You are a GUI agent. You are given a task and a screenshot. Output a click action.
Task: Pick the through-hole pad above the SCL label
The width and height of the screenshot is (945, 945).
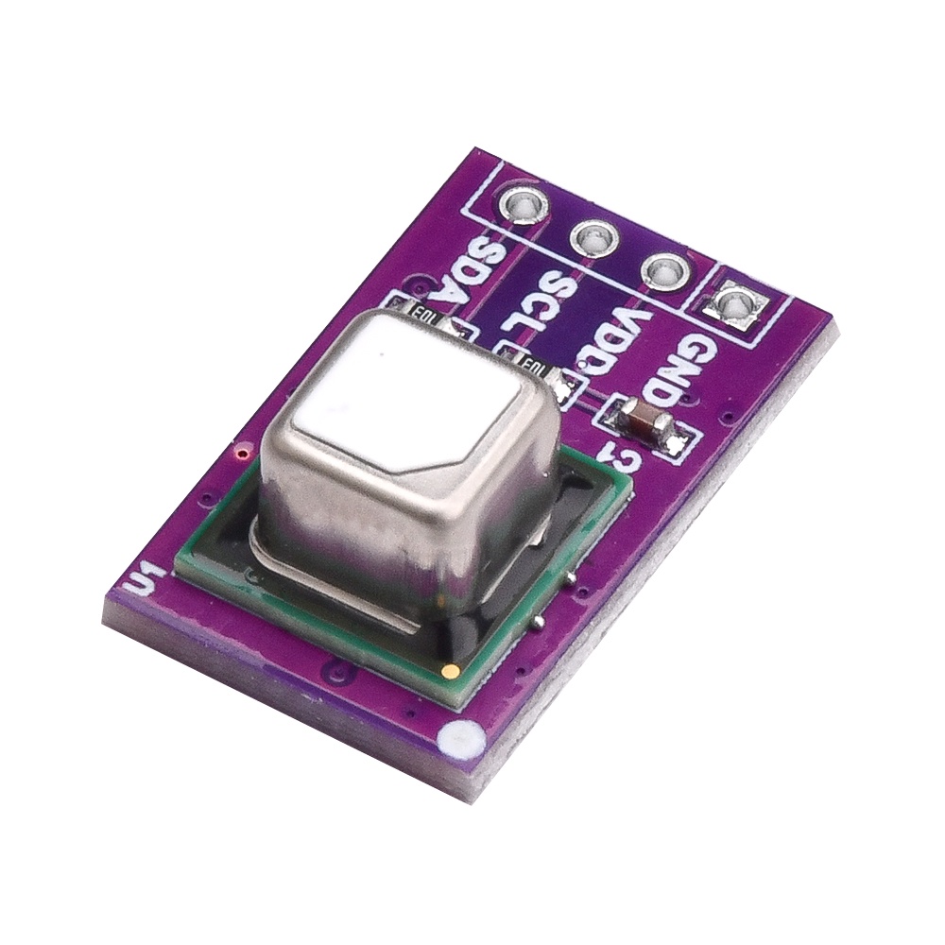coord(593,237)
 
